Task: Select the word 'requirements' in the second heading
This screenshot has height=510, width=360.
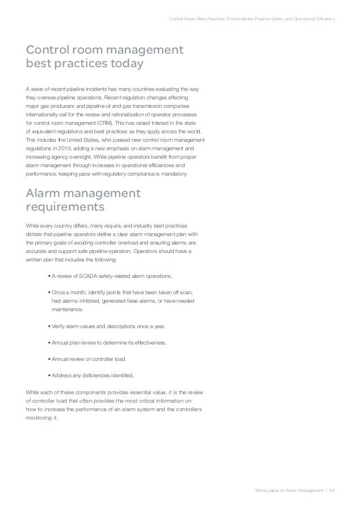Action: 65,207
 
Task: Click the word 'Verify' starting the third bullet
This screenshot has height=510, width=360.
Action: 58,327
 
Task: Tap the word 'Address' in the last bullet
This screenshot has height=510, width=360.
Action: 62,374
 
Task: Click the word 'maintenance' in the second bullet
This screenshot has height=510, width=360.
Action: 67,310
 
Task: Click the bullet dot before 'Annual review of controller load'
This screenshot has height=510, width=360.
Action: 50,359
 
